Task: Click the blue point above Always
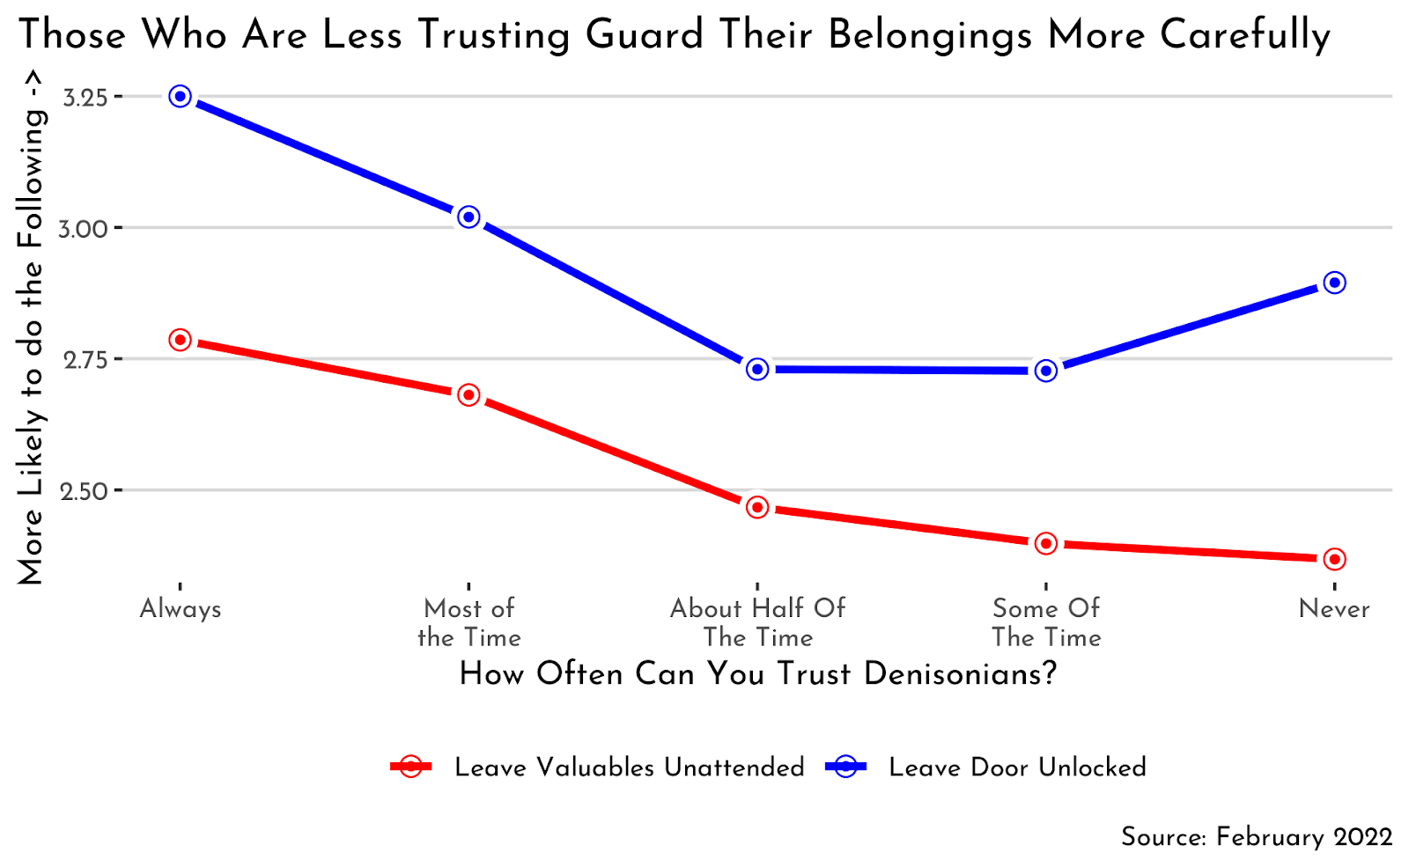pos(181,97)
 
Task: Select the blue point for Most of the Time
pos(468,217)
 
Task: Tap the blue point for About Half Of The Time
pos(757,370)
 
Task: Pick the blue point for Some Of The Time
pos(1046,371)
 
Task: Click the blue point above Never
pos(1334,283)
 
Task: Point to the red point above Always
pos(181,340)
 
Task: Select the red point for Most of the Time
pos(468,395)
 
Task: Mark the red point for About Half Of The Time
pos(757,508)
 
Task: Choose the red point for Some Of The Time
pos(1046,544)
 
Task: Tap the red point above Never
pos(1334,560)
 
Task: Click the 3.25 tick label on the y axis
pos(85,97)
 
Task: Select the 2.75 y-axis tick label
pos(85,360)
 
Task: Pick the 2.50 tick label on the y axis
pos(84,491)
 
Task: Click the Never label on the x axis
pos(1334,609)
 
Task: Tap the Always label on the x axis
pos(181,609)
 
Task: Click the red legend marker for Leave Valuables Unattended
pos(410,767)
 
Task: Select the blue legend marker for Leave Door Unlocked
pos(845,767)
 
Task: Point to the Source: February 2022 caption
pos(1257,836)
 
